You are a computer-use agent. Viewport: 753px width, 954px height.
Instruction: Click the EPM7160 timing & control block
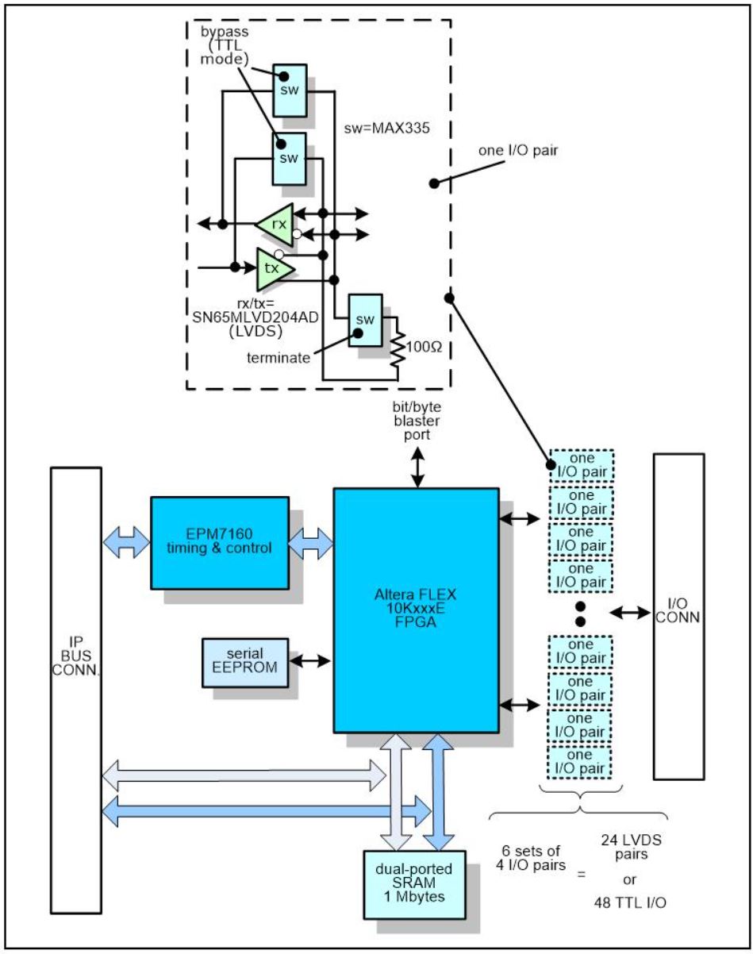(x=219, y=542)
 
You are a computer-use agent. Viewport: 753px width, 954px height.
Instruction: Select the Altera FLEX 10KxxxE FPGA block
(x=415, y=609)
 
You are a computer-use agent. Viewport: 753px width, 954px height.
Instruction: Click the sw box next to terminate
(x=365, y=318)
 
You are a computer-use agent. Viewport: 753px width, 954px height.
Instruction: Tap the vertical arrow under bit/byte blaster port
(x=417, y=471)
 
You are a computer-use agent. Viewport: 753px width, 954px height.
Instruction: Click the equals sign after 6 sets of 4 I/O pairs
(x=581, y=875)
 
